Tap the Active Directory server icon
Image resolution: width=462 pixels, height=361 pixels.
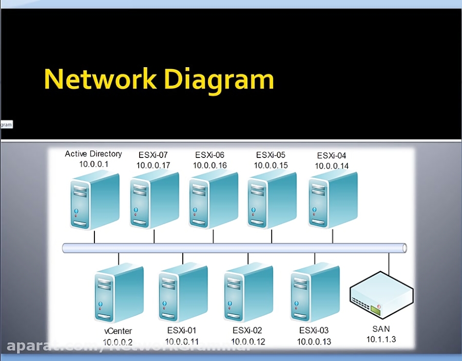[94, 200]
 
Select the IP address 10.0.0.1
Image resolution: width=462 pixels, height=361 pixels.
[93, 164]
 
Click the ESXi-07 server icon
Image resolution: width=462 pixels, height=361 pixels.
[154, 199]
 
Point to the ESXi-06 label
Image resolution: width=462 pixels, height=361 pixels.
[209, 155]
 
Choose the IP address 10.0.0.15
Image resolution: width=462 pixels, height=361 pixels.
[271, 165]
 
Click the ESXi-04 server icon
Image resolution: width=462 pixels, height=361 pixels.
[333, 199]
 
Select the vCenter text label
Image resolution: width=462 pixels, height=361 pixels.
[118, 331]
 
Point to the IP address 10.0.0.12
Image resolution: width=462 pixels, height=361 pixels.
[247, 341]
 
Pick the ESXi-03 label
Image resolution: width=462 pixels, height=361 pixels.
[314, 331]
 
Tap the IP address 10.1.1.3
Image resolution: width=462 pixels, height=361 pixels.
[381, 339]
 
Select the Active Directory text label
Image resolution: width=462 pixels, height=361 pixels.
[93, 154]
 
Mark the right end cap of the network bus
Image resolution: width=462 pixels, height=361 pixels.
[405, 248]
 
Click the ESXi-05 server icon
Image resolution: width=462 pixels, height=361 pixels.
[272, 199]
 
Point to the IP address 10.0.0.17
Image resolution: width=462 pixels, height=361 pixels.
[153, 165]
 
